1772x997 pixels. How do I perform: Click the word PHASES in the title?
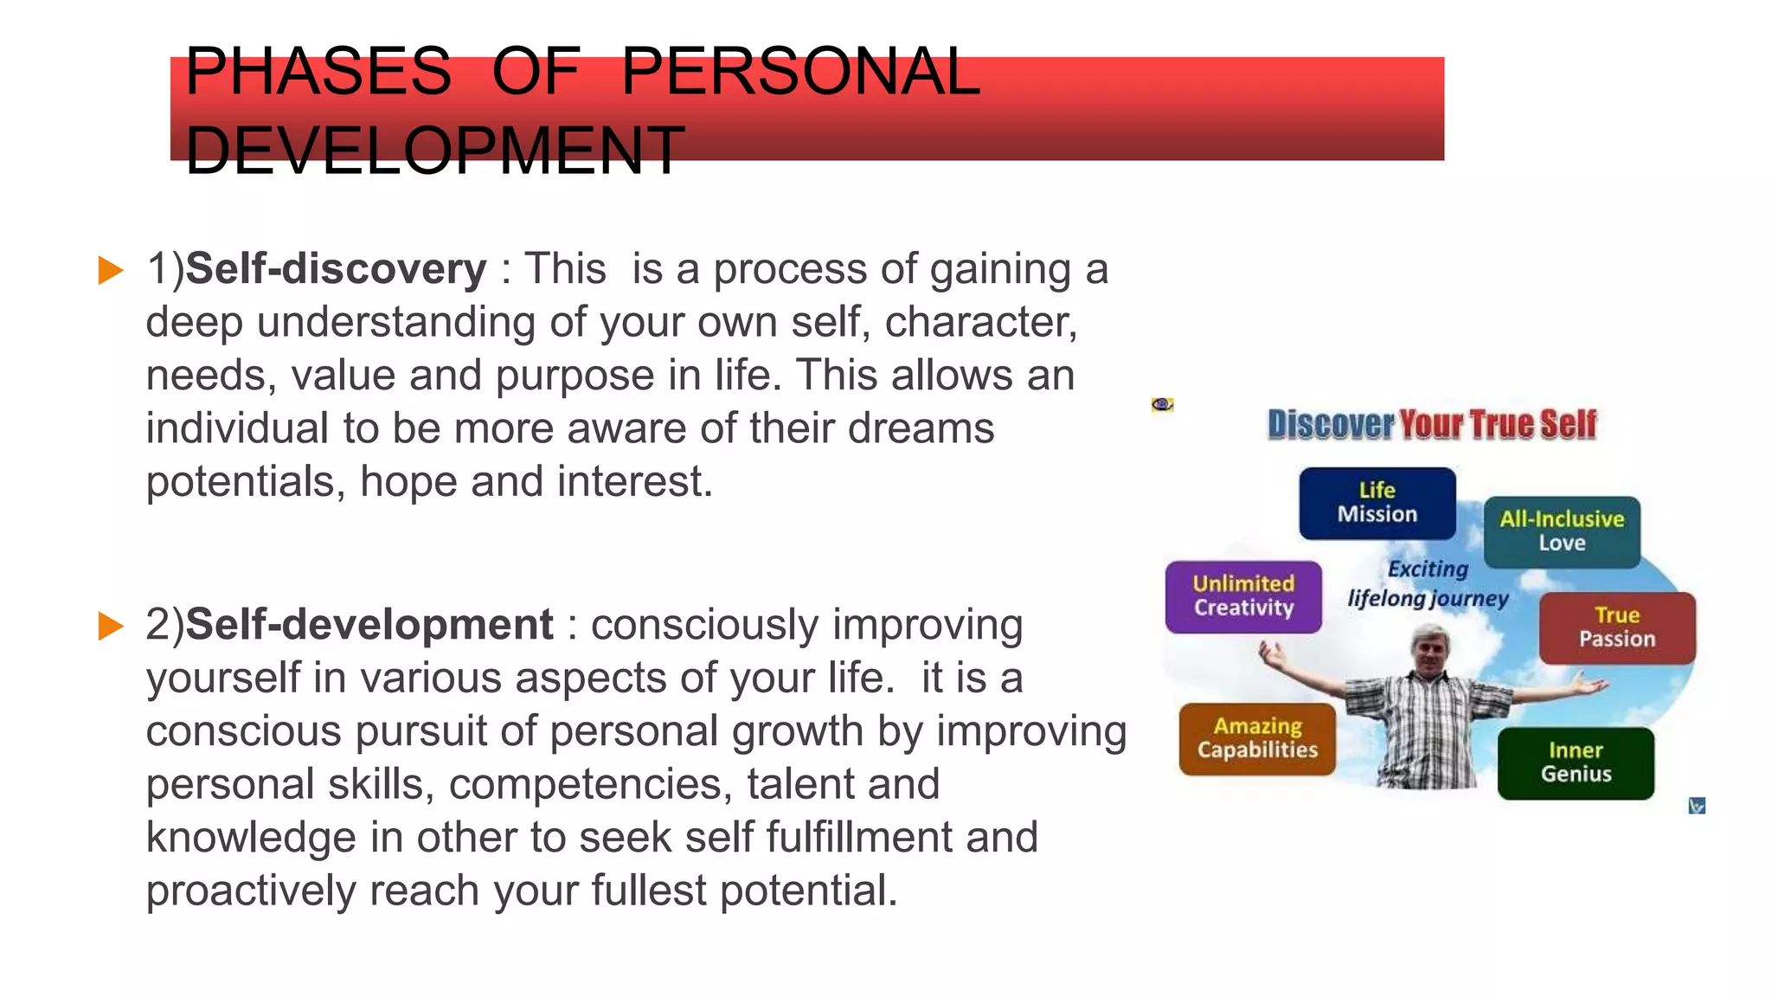tap(318, 71)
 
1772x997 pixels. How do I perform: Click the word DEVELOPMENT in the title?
tap(434, 151)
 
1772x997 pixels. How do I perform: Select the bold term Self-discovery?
tap(337, 268)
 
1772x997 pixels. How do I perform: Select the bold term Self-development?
tap(369, 624)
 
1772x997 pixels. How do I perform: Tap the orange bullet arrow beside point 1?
tap(111, 270)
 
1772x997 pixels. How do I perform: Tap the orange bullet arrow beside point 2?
tap(111, 626)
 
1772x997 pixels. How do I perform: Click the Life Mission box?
tap(1377, 503)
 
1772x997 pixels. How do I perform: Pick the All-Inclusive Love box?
tap(1562, 531)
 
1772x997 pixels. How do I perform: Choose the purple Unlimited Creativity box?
tap(1243, 596)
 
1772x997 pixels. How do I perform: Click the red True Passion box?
tap(1616, 627)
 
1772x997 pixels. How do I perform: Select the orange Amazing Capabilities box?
tap(1257, 738)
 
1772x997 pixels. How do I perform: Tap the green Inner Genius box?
tap(1576, 762)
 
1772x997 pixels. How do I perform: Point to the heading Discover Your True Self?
tap(1432, 425)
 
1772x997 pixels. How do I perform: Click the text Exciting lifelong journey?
tap(1428, 584)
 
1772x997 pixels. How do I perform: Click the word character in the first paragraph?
tap(979, 322)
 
